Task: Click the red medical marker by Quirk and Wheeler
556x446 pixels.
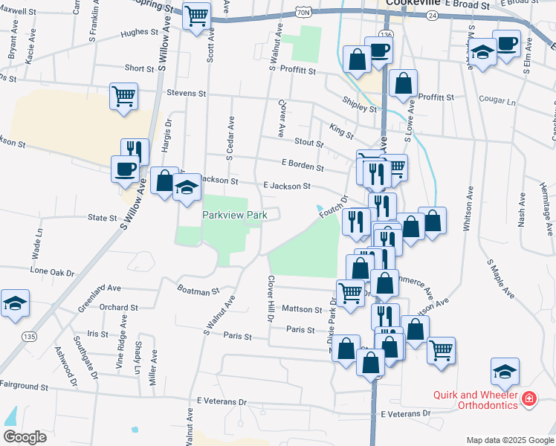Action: click(528, 400)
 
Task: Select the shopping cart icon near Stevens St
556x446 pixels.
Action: click(123, 96)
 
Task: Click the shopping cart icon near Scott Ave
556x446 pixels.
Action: click(197, 16)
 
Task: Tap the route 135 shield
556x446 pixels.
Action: click(29, 337)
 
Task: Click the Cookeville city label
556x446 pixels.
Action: click(414, 4)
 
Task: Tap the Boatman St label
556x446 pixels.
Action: click(198, 291)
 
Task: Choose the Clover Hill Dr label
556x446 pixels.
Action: click(271, 299)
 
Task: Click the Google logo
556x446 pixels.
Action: click(25, 437)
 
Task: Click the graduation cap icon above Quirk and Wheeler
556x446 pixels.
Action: click(505, 372)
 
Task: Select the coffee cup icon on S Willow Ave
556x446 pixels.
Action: click(125, 168)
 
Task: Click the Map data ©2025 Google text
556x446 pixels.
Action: click(511, 440)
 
